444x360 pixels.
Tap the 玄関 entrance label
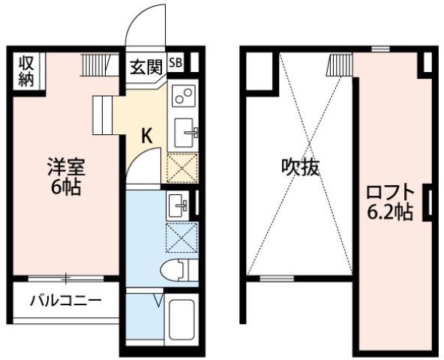click(146, 67)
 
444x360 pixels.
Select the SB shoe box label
click(175, 62)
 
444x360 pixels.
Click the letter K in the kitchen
click(147, 136)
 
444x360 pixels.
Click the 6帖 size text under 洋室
click(66, 187)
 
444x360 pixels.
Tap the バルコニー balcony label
click(66, 301)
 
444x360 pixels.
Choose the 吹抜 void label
click(301, 167)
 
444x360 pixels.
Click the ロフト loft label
click(391, 193)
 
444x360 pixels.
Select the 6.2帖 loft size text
click(390, 212)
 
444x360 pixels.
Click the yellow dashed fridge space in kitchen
click(182, 168)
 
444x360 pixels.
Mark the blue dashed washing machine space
click(181, 238)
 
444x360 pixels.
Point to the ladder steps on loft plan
click(339, 65)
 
